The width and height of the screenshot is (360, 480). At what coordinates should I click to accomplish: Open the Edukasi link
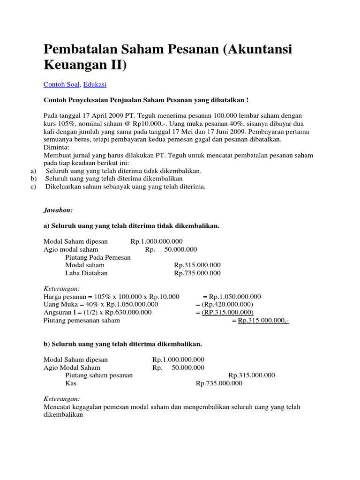click(94, 84)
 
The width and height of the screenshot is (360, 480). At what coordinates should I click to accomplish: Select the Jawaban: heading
click(58, 211)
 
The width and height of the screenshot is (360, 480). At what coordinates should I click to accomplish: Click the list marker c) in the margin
click(33, 187)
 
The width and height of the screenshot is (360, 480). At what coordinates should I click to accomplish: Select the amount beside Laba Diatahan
click(197, 273)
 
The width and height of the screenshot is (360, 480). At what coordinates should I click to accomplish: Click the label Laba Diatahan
click(86, 273)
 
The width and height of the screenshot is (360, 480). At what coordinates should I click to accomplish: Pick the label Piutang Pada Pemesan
click(98, 257)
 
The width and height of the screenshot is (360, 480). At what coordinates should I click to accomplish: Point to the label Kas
click(71, 383)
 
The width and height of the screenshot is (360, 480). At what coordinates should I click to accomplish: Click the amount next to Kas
click(219, 383)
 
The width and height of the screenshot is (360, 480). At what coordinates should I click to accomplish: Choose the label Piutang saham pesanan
click(99, 375)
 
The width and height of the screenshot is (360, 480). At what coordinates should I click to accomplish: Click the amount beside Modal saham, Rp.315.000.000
click(197, 265)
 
